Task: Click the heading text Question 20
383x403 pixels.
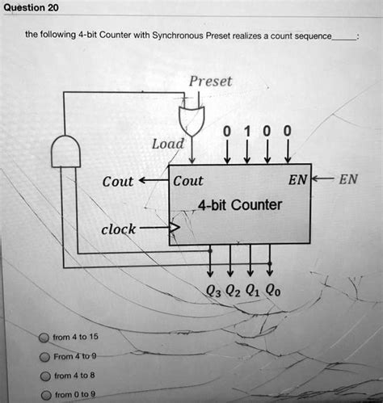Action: [30, 7]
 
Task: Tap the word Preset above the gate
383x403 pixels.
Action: [210, 82]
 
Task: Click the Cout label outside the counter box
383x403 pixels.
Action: [118, 182]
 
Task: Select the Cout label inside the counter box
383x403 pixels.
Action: [188, 182]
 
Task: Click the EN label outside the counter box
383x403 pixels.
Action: [348, 181]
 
